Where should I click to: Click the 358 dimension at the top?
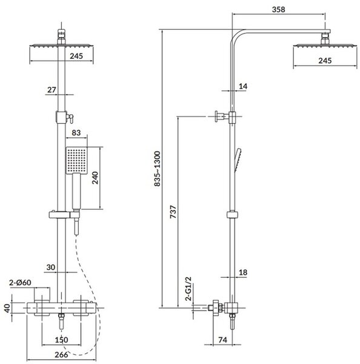(278, 10)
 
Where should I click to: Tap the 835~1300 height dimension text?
(157, 169)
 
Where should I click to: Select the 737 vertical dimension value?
(173, 212)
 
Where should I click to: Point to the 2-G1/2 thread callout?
(188, 289)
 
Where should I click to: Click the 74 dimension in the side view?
(222, 340)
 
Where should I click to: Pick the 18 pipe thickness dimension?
(243, 272)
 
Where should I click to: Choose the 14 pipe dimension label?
(243, 86)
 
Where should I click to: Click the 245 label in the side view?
(325, 61)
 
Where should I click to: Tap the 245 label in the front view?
(76, 56)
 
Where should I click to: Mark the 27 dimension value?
(52, 90)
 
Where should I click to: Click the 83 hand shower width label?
(76, 132)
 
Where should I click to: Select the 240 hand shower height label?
(95, 178)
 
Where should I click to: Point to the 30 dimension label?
(50, 267)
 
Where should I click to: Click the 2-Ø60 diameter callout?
(20, 283)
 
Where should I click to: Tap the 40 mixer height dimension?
(7, 308)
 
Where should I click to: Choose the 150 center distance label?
(61, 340)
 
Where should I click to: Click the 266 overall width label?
(61, 355)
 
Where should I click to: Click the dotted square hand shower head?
(76, 160)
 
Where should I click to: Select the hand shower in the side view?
(238, 160)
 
